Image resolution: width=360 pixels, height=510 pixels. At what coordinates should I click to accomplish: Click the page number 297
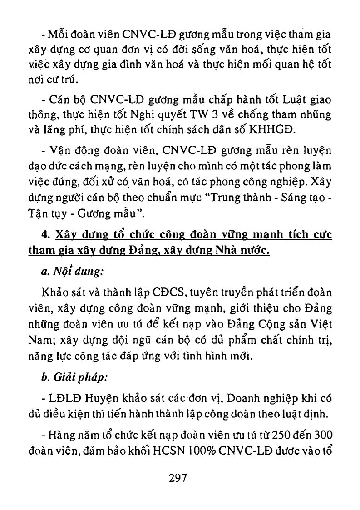click(178, 479)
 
